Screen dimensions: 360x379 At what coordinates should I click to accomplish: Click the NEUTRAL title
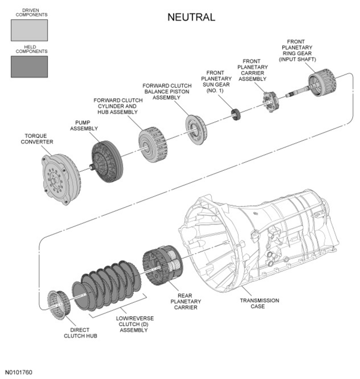pos(191,17)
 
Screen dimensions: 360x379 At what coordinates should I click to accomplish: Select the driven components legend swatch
pos(29,30)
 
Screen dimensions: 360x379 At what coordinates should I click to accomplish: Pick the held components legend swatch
pos(29,66)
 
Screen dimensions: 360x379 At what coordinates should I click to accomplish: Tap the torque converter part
pos(61,179)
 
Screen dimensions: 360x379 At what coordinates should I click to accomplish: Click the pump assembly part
pos(106,162)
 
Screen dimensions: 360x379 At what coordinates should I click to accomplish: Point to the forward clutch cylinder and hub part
pos(153,144)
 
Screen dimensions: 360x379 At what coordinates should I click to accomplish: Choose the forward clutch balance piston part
pos(196,129)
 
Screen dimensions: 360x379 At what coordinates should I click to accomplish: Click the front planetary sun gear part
pos(236,115)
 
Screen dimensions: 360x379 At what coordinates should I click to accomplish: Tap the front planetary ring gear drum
pos(323,82)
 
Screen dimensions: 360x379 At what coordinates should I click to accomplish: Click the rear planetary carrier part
pos(163,265)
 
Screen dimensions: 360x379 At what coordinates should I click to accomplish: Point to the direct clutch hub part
pos(59,304)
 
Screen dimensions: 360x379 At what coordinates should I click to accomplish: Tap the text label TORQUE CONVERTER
pos(37,139)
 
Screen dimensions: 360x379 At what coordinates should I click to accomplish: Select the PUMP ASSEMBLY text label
pos(84,125)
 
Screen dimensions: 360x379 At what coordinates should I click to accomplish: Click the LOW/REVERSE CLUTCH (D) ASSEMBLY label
pos(134,324)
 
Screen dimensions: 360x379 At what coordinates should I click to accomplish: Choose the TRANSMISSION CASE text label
pos(259,303)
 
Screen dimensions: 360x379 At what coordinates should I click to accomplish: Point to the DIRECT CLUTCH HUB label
pos(80,333)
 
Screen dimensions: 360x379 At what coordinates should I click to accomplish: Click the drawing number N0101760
pos(18,372)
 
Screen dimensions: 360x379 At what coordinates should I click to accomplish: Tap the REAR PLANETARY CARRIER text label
pos(186,301)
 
